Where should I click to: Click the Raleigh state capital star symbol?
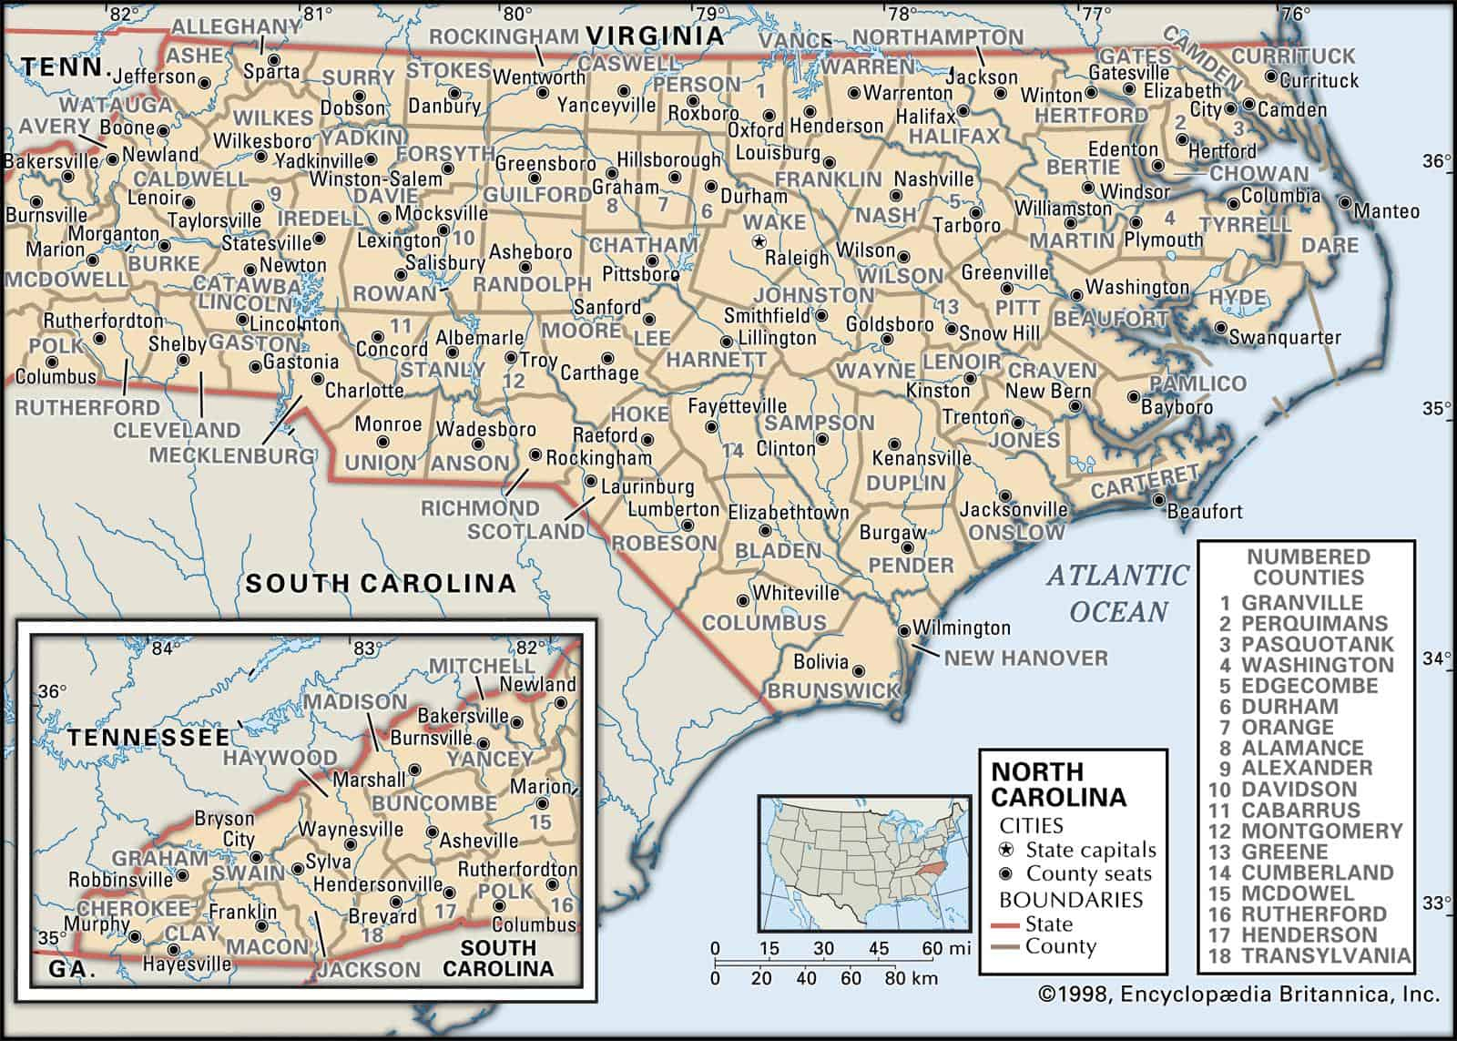(758, 242)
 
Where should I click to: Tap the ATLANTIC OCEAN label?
(1118, 593)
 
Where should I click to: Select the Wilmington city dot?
(903, 630)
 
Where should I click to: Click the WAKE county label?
(775, 221)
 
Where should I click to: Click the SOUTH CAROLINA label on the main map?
(380, 584)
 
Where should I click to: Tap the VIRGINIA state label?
(656, 36)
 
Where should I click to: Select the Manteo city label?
(1386, 211)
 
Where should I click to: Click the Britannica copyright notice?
(1238, 995)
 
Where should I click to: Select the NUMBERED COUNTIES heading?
(1308, 566)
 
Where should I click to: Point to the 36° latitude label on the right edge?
(1435, 162)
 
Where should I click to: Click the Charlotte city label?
(364, 391)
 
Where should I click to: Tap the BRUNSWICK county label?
(833, 691)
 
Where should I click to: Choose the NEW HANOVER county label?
(1025, 658)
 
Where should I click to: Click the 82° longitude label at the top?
(121, 13)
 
